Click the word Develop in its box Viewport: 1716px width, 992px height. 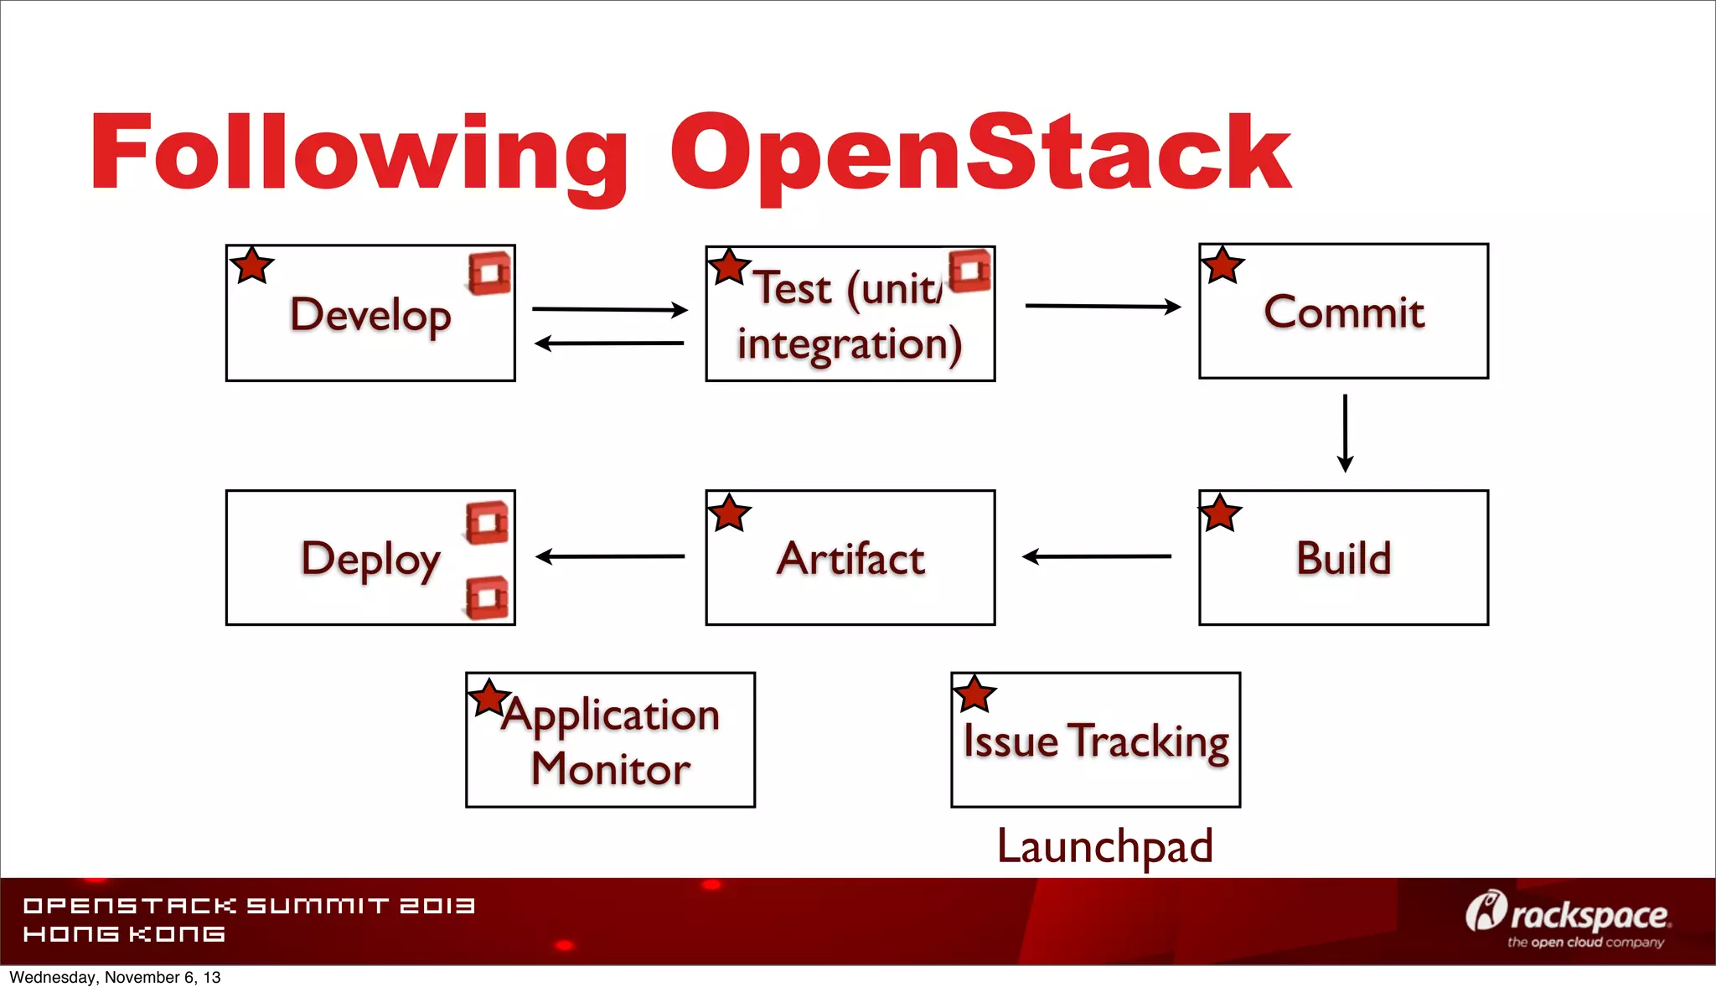[370, 315]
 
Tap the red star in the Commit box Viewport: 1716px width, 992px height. [1222, 266]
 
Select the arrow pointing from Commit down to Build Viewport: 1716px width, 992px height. [1345, 433]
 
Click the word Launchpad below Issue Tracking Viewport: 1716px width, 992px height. [1104, 846]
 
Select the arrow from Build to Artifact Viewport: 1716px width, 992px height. [1097, 556]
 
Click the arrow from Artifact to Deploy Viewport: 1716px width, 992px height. [610, 556]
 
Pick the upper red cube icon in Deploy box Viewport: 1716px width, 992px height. [488, 522]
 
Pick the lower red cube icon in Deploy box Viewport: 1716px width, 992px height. [488, 597]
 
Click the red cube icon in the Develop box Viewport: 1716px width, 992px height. [489, 273]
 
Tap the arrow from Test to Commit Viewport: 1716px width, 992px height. [1103, 307]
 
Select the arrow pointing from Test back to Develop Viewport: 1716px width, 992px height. [609, 343]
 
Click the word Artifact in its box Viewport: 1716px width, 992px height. [850, 559]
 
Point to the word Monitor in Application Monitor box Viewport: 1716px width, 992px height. [611, 769]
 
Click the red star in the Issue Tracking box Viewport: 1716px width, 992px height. [974, 694]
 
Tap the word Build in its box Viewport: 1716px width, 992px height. [1343, 559]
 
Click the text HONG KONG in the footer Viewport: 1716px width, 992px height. [124, 934]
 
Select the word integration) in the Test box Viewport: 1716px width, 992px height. [850, 344]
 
